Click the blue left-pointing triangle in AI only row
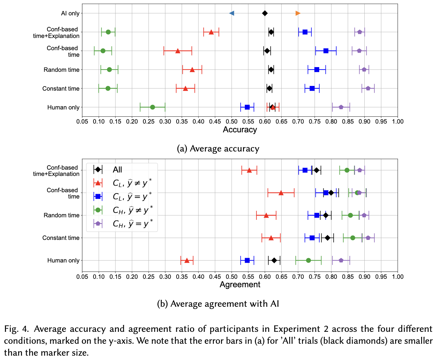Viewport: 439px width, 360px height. [232, 13]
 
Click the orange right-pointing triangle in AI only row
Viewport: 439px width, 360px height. [298, 13]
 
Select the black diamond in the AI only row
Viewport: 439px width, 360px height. [265, 13]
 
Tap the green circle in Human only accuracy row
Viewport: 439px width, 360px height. [152, 107]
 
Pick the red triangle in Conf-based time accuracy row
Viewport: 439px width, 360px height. [178, 51]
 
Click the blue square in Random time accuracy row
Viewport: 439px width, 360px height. [317, 70]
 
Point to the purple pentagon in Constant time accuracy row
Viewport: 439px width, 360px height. [368, 88]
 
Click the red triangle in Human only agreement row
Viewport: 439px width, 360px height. [187, 261]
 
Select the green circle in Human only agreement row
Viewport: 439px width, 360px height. [308, 261]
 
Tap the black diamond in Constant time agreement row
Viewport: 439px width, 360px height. [328, 238]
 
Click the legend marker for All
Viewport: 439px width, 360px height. [98, 170]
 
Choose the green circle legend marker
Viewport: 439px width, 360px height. [98, 210]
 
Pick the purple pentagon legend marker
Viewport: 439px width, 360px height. [98, 224]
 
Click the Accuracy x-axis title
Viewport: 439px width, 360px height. [240, 130]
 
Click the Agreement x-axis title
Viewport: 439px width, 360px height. [240, 285]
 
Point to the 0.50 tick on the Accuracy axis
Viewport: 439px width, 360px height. [232, 122]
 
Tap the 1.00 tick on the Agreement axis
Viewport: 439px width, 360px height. [398, 277]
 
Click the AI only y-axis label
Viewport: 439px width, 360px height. [70, 13]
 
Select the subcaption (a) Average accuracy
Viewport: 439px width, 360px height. [218, 149]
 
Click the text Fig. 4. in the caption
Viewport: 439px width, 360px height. [17, 329]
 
